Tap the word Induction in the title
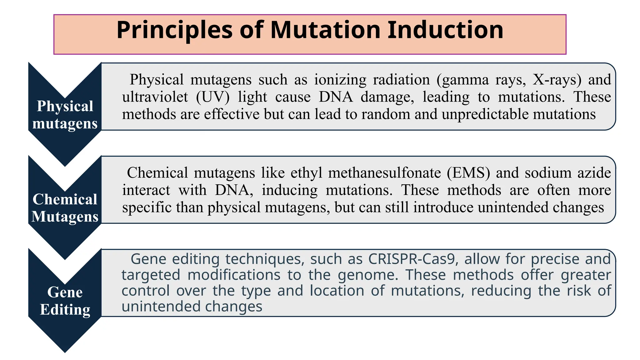445,30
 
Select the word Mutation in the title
325,30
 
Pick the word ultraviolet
155,97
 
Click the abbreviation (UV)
213,97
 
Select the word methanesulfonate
384,173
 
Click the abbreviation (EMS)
468,173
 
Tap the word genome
367,275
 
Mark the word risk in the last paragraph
579,291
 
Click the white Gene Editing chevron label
65,301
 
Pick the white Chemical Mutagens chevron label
65,208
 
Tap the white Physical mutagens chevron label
65,115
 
